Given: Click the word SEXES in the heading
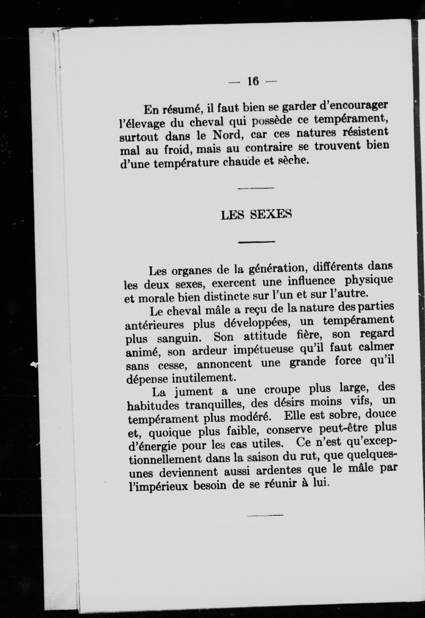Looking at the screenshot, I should [x=271, y=215].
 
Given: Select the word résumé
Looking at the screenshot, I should [x=182, y=109].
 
